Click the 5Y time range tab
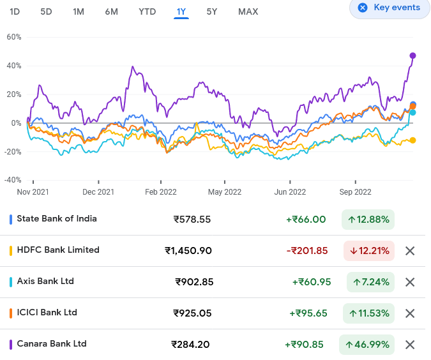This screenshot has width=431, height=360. (212, 11)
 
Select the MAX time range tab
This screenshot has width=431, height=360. (248, 11)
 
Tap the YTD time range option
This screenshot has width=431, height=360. (147, 11)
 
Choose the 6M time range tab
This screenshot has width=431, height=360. (111, 11)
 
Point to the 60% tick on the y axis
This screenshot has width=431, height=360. (14, 37)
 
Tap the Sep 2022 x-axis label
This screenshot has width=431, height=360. (355, 191)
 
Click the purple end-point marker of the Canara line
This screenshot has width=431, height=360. (412, 56)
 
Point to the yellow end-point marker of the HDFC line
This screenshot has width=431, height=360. (412, 140)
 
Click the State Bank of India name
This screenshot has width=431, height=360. (57, 219)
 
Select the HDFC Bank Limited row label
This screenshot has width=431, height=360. (58, 250)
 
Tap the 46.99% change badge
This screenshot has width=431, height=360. (367, 344)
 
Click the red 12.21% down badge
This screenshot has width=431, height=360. (369, 251)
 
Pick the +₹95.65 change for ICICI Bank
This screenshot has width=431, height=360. (310, 313)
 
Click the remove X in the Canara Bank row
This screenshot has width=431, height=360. (410, 345)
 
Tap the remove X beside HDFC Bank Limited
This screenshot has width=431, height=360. (410, 251)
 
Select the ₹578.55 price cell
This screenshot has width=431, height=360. (192, 220)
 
